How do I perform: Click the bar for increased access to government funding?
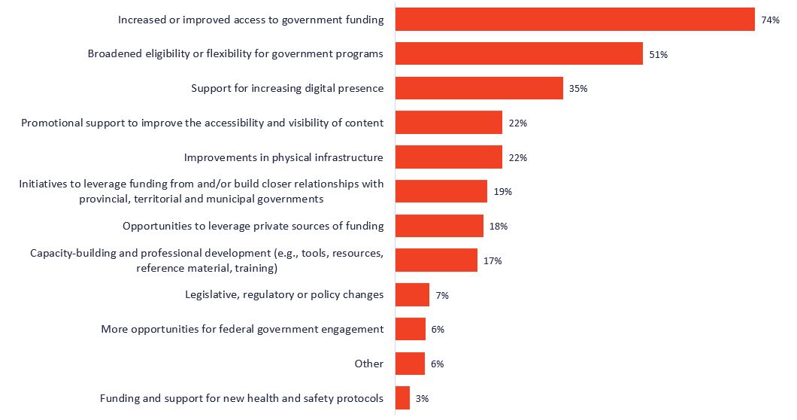(x=574, y=20)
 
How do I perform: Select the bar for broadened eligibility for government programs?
(x=519, y=53)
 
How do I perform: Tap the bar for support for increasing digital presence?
(x=479, y=88)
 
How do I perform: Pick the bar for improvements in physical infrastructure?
(x=448, y=157)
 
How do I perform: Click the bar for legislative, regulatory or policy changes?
(x=412, y=295)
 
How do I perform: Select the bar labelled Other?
(x=410, y=364)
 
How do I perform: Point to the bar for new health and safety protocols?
(x=402, y=398)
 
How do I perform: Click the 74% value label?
(x=770, y=20)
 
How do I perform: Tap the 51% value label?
(x=659, y=54)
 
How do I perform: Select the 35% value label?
(x=578, y=89)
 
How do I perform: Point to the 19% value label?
(x=503, y=192)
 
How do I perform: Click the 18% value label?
(x=499, y=227)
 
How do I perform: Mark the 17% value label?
(x=492, y=261)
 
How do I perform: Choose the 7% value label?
(x=442, y=296)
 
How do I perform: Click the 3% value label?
(x=422, y=399)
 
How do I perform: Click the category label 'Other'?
(x=369, y=364)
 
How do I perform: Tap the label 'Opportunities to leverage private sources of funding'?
(x=253, y=226)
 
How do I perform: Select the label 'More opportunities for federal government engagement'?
(x=242, y=329)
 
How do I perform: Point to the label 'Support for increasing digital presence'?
(x=287, y=88)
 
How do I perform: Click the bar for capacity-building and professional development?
(x=436, y=260)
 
